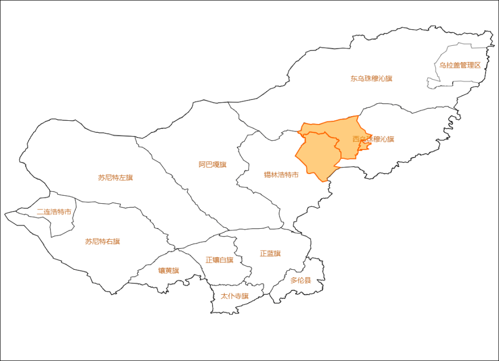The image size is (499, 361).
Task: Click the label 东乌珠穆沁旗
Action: point(371,79)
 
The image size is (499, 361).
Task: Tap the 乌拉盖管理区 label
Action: point(460,65)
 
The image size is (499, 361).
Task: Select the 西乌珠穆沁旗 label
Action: point(373,139)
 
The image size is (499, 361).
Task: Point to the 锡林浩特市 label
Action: point(281,175)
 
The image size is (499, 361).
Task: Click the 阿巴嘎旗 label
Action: point(213,165)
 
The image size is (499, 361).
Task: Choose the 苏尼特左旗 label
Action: point(115,178)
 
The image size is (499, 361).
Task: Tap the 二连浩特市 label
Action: point(54,212)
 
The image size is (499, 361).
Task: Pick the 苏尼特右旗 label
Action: point(102,242)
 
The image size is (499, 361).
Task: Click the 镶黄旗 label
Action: point(168,271)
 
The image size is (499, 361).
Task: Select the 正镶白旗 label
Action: point(219,260)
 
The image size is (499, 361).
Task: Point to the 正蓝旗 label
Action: point(270,253)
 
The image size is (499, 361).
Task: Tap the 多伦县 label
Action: point(300,280)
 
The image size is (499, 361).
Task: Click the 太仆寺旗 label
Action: point(234,296)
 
